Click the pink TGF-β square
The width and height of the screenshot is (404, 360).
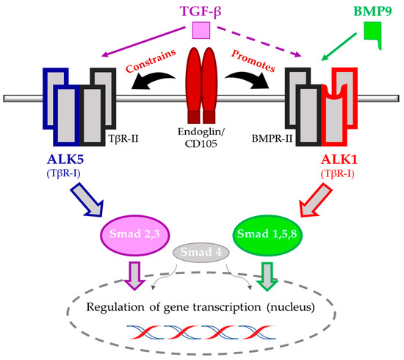click(201, 30)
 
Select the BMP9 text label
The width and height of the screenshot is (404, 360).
click(372, 11)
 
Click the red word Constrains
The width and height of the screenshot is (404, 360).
click(151, 61)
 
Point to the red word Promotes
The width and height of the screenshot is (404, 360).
click(253, 61)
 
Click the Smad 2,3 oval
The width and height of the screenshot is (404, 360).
click(134, 235)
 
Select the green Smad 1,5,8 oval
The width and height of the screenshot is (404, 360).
click(267, 235)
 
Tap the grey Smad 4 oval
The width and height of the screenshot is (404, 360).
click(201, 252)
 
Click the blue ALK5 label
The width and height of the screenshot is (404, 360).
click(65, 159)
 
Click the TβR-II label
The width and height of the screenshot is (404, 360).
click(123, 139)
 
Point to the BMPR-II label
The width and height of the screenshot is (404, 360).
click(272, 139)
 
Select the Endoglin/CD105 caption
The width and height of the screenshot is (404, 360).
click(201, 138)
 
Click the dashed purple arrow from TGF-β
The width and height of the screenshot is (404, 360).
click(259, 41)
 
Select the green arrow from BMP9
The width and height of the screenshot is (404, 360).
click(339, 46)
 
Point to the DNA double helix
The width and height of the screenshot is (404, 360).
click(201, 332)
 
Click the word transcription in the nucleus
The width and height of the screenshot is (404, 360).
click(227, 307)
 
